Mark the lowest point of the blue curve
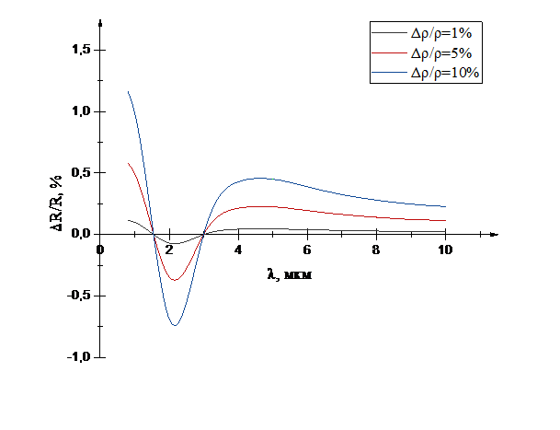tap(174, 325)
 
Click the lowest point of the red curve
tap(174, 280)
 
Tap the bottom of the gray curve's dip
tap(174, 243)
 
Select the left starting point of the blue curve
tap(128, 91)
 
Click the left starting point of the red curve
tap(128, 163)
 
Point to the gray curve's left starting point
tap(128, 219)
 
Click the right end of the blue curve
tap(446, 206)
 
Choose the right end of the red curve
tap(446, 221)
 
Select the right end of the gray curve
tap(446, 231)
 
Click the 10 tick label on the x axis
tap(445, 250)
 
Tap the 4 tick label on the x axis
tap(240, 250)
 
